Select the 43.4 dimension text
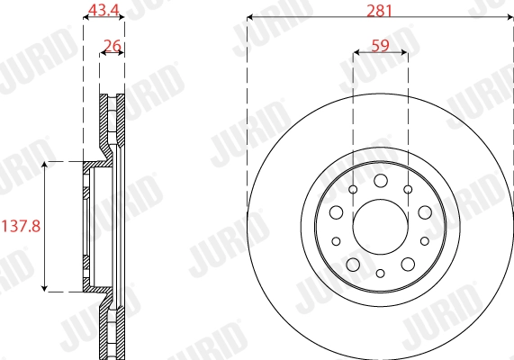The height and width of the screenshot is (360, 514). [x=102, y=10]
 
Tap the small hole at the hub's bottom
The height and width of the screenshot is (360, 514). [x=380, y=273]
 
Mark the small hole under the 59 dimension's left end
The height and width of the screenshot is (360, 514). [x=353, y=189]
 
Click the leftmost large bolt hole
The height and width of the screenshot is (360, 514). [x=336, y=212]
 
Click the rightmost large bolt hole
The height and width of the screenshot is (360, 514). [x=424, y=212]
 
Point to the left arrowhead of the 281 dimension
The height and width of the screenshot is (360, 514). [x=251, y=17]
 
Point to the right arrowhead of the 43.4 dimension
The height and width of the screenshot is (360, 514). [x=121, y=18]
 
